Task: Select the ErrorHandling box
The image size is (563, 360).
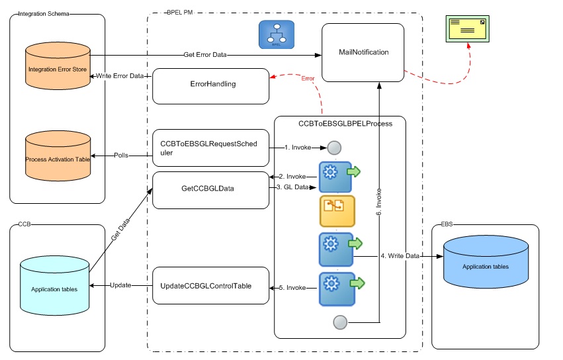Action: click(x=210, y=85)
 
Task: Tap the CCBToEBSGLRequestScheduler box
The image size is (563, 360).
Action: click(x=210, y=147)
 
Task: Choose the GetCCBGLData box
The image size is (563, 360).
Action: click(x=210, y=188)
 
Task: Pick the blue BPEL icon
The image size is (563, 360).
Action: click(x=277, y=34)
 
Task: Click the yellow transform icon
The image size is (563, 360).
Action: click(x=337, y=211)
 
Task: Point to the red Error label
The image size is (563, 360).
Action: click(x=308, y=79)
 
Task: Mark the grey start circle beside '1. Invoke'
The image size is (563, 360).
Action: click(x=334, y=148)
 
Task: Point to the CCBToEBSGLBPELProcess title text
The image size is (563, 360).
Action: click(x=339, y=123)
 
